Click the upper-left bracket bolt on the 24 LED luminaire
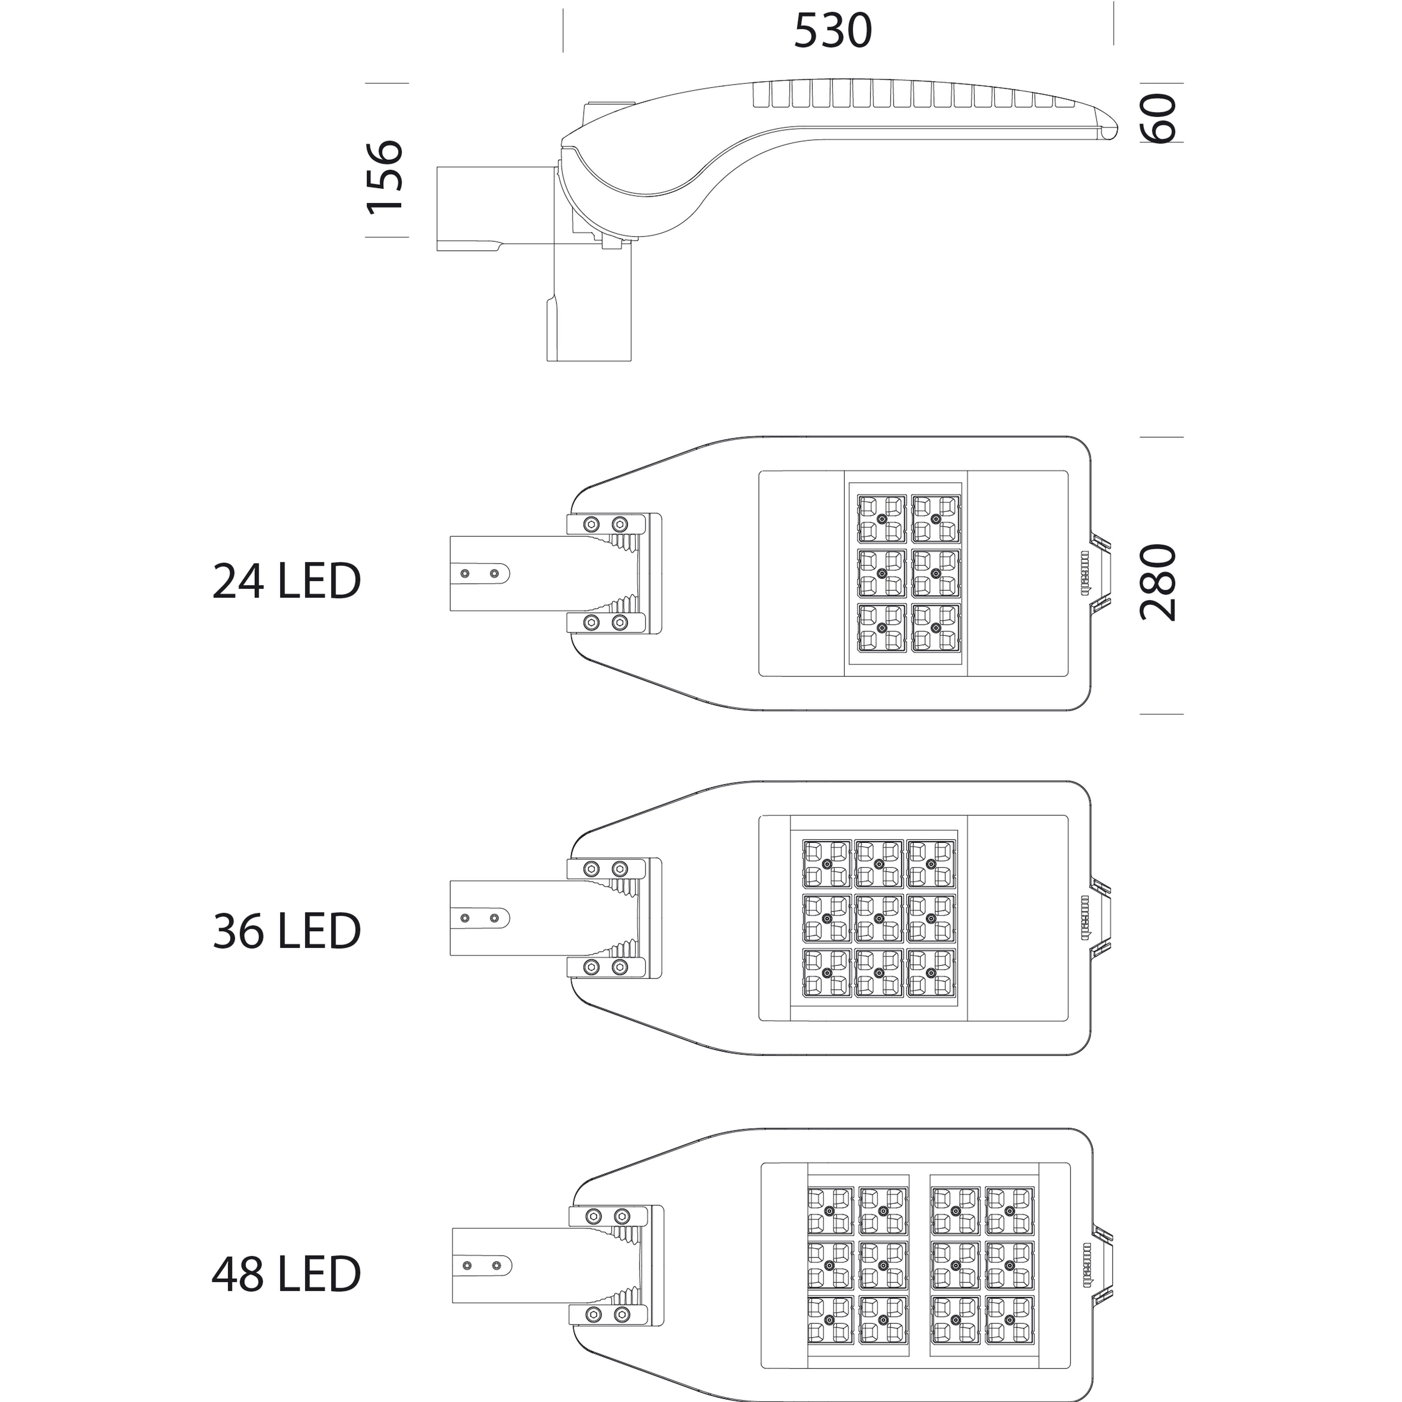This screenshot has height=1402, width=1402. (x=592, y=524)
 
